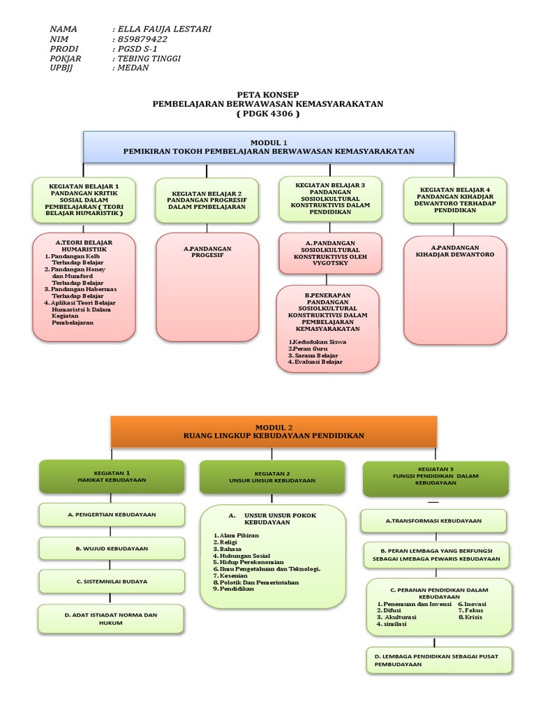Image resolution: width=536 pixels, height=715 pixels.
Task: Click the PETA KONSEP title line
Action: click(x=268, y=94)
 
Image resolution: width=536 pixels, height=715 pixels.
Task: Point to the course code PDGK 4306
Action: click(x=268, y=114)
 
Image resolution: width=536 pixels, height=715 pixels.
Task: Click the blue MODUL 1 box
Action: click(x=269, y=147)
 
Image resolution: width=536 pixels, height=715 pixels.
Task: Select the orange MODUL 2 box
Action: click(x=274, y=431)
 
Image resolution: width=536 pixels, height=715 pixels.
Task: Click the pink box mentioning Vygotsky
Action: click(x=330, y=253)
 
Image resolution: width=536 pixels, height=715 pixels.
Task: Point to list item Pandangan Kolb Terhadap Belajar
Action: click(x=78, y=260)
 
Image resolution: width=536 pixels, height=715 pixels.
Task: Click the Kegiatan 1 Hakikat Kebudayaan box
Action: click(x=111, y=476)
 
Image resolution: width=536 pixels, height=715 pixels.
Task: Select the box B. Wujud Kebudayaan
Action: click(x=111, y=548)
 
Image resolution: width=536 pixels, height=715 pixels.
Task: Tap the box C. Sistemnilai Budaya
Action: click(x=111, y=581)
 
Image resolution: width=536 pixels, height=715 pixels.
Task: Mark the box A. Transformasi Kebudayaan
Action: click(x=433, y=521)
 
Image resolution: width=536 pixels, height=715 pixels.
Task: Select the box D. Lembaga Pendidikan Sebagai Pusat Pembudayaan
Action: click(x=438, y=661)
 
